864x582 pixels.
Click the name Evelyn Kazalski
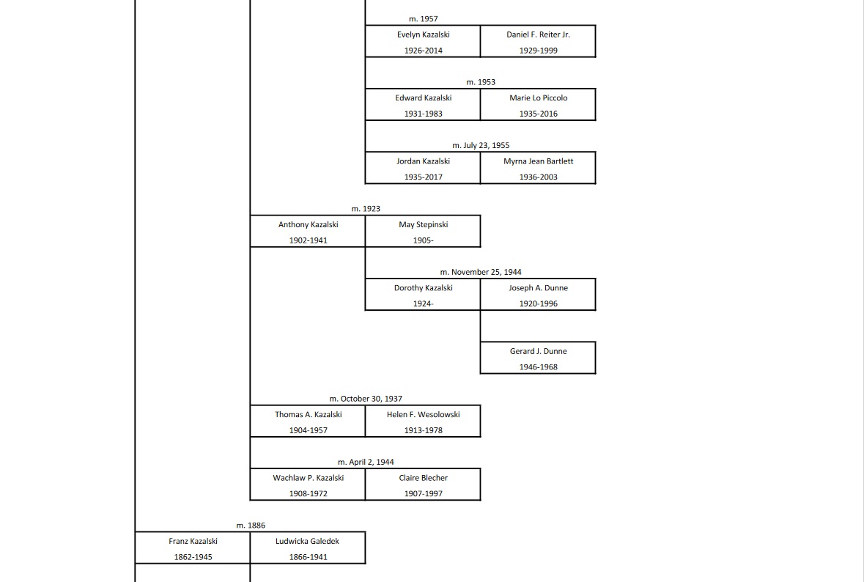[423, 34]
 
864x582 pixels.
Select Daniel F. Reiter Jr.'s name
[538, 34]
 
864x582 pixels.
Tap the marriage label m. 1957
[423, 19]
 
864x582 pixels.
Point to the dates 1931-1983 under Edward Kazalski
[423, 114]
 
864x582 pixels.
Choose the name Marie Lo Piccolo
[538, 97]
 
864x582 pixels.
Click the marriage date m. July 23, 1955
[481, 145]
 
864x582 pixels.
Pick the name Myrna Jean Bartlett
[538, 161]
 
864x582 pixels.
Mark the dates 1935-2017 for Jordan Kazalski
[423, 177]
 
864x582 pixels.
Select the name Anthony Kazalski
[308, 224]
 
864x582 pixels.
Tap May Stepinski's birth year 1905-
[423, 240]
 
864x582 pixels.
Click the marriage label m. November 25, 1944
[481, 272]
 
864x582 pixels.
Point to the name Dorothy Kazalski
[423, 288]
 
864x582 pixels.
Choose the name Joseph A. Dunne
[538, 288]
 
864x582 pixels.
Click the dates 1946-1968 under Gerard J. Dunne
[538, 367]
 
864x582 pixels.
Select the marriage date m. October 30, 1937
[366, 399]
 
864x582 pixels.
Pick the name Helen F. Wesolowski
[423, 414]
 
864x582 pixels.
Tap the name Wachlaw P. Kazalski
[308, 478]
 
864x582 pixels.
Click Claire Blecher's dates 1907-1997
[423, 494]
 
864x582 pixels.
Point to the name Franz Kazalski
[193, 541]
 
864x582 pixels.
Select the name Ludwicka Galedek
[308, 541]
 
